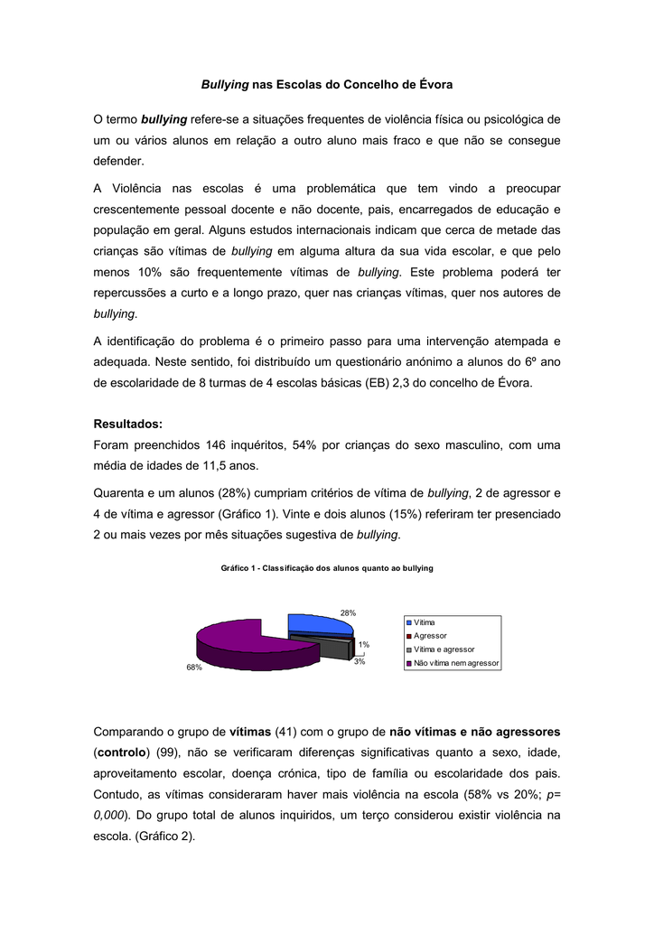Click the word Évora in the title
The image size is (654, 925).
click(435, 84)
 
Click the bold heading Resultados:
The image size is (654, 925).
click(128, 424)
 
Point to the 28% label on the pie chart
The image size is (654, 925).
click(348, 612)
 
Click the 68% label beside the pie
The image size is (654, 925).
click(194, 668)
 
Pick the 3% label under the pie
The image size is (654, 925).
click(359, 662)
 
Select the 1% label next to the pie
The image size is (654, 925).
click(363, 644)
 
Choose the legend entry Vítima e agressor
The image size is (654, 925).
click(444, 649)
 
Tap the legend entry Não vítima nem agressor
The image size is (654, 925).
click(455, 663)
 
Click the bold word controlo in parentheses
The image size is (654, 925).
click(124, 752)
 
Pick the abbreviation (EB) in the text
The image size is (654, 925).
click(378, 382)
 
